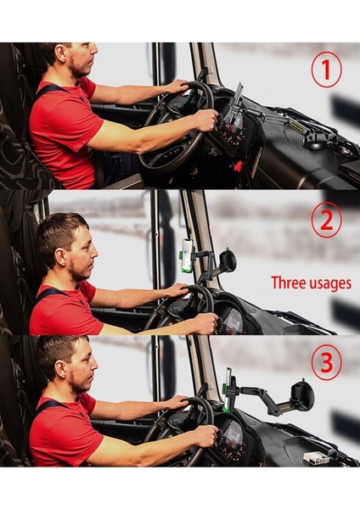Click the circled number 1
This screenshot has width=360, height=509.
point(326,70)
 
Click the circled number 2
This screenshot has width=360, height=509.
point(326,220)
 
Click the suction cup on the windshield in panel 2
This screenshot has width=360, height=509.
point(228,260)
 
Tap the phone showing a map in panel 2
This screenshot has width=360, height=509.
point(188,254)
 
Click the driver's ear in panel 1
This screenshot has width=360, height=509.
point(59,52)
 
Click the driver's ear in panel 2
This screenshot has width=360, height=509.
point(60,256)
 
